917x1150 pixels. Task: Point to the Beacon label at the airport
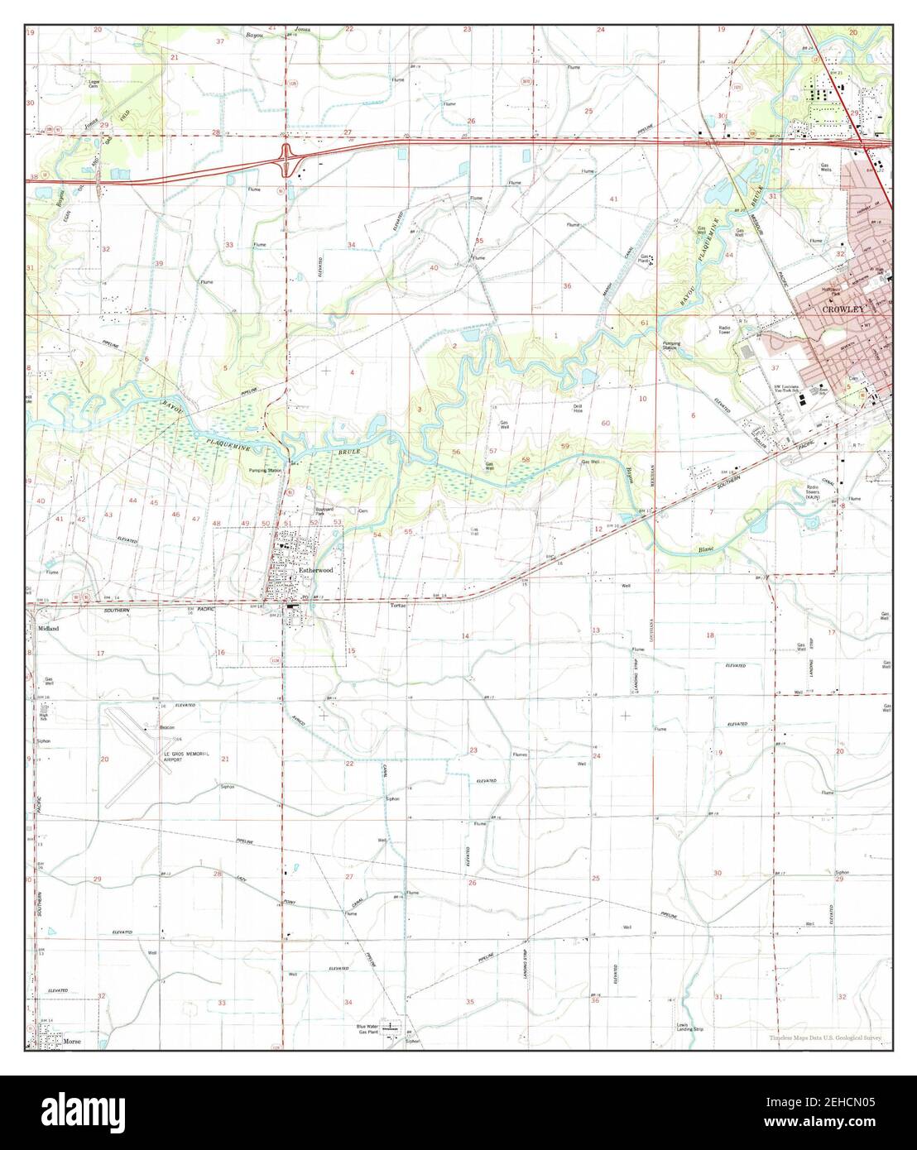[x=166, y=727]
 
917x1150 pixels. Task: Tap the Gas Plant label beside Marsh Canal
[x=645, y=259]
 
